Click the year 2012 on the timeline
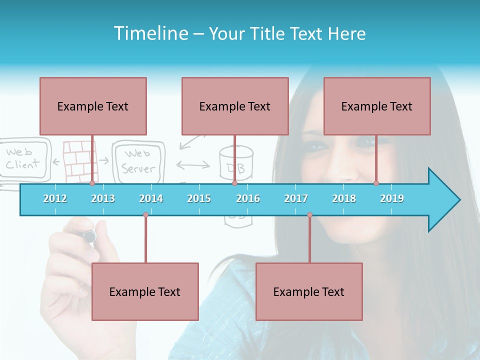coord(55,198)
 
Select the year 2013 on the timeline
coord(103,198)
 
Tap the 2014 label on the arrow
coord(151,198)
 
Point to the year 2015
coord(199,198)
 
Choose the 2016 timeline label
coord(248,198)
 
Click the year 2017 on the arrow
coord(296,198)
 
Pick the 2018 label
coord(344,198)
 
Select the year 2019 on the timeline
coord(392,198)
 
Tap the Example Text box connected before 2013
coord(93,106)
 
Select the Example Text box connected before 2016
coord(235,106)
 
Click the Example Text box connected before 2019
coord(377,106)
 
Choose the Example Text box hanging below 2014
coord(145,291)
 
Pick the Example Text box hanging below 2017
coord(309,291)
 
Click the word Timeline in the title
coord(150,33)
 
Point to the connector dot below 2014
coord(145,215)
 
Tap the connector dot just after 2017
coord(309,215)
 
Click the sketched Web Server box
coord(138,162)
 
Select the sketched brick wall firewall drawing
coord(79,160)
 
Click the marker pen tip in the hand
coord(89,236)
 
